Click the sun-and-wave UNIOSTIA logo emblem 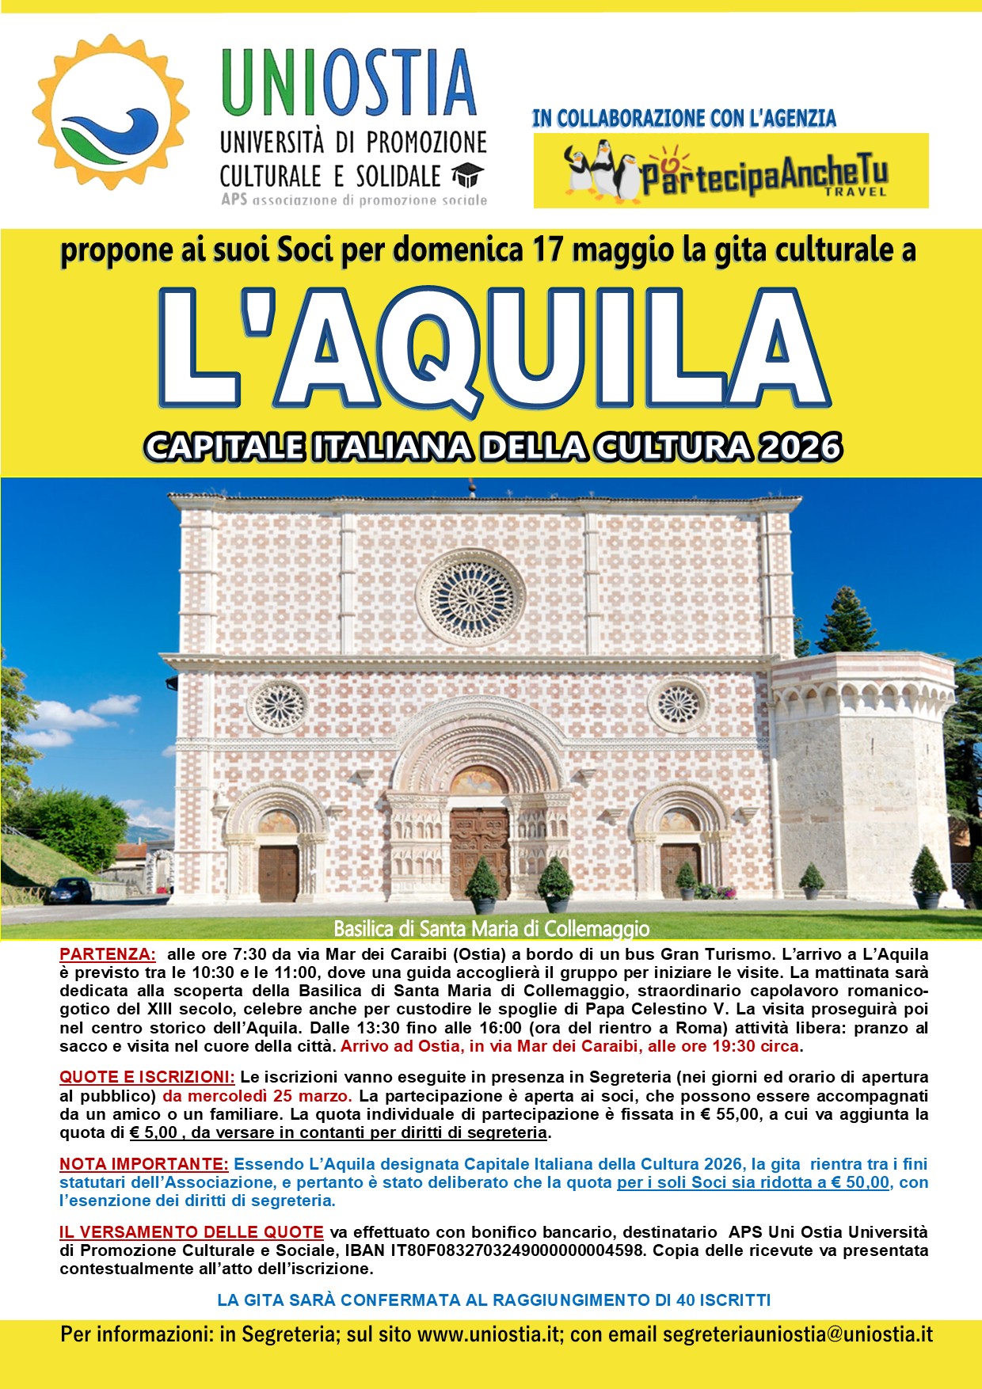click(111, 112)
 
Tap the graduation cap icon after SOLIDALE click(467, 175)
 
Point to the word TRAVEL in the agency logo click(855, 192)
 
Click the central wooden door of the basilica click(479, 851)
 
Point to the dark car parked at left click(70, 890)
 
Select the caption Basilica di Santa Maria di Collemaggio click(491, 928)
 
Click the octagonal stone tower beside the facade click(863, 776)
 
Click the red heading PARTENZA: click(108, 954)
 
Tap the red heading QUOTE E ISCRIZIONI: click(147, 1077)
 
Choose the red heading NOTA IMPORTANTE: click(144, 1164)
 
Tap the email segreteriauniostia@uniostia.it click(797, 1334)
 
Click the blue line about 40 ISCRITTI click(493, 1300)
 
